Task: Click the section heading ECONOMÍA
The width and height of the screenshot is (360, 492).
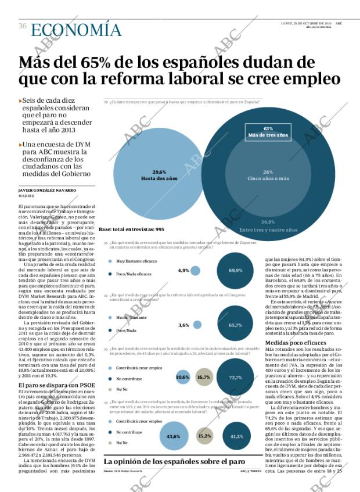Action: point(75,31)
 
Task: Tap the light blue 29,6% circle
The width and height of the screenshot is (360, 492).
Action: point(152,174)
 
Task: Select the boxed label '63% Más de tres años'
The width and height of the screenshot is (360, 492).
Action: point(268,132)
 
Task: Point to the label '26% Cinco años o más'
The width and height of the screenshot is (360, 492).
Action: point(268,175)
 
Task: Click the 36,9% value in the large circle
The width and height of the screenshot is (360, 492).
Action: point(268,222)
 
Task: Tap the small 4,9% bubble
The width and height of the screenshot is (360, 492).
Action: point(196,270)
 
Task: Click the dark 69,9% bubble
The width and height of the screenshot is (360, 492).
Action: point(235,270)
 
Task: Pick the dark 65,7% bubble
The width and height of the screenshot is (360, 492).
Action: point(235,325)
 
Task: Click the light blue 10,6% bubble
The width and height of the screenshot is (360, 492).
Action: point(182,377)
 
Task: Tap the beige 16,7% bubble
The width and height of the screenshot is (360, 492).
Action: point(204,377)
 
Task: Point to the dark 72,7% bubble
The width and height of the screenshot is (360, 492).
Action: point(235,377)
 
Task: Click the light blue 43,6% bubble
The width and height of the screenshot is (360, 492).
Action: point(174,436)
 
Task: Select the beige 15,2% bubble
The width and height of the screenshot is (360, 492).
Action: point(204,436)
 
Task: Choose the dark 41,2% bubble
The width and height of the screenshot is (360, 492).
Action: point(236,436)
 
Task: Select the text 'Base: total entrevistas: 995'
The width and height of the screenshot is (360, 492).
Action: point(131,229)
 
